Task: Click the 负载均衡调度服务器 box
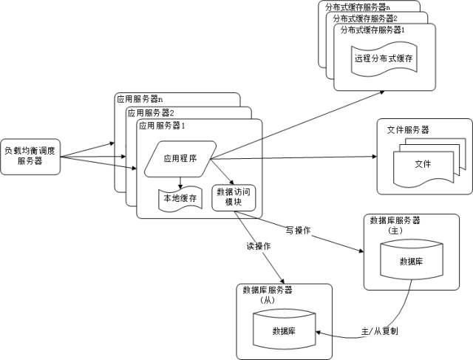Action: coord(30,155)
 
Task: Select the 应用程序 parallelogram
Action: coord(180,158)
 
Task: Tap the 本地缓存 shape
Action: coord(179,198)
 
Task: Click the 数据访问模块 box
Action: coord(233,197)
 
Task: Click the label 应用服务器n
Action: coord(140,99)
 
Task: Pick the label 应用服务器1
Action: coord(161,126)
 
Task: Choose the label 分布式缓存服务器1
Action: coord(372,30)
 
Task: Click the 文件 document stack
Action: coord(422,164)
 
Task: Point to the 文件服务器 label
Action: coord(408,129)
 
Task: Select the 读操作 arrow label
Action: coord(258,245)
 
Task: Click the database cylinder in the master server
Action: coord(411,261)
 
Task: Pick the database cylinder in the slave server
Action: coord(285,330)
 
